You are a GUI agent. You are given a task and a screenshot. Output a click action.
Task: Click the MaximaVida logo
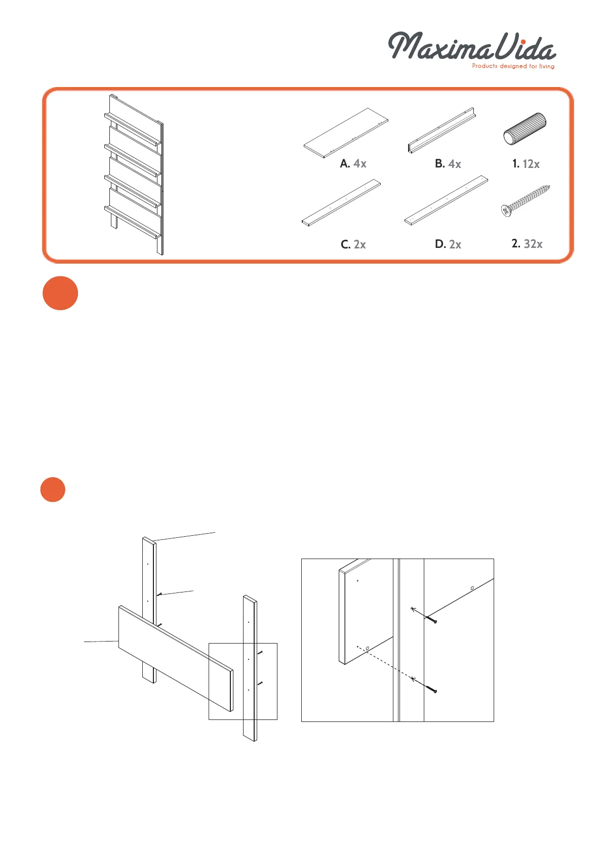click(x=471, y=47)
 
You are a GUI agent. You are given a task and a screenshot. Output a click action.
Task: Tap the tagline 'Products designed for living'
click(x=513, y=66)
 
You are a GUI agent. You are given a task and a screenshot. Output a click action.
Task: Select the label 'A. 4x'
click(x=353, y=163)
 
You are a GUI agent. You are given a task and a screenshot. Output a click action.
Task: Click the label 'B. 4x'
click(x=448, y=163)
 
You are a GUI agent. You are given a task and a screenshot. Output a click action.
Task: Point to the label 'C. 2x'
click(x=353, y=244)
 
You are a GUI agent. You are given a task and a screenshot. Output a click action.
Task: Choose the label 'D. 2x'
click(x=448, y=244)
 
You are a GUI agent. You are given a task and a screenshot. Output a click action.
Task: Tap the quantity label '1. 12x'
click(x=526, y=163)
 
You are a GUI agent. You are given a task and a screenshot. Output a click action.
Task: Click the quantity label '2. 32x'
click(x=527, y=244)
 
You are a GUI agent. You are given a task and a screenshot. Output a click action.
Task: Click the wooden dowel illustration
click(x=525, y=128)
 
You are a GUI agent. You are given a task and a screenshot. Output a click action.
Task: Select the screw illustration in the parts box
click(x=525, y=201)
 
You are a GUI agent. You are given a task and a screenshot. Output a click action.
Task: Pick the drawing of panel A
click(x=346, y=133)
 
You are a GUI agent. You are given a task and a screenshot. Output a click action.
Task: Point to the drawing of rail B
click(x=441, y=130)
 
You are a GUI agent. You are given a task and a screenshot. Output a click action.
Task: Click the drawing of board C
click(x=341, y=202)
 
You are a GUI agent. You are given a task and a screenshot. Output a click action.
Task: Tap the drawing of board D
click(x=446, y=200)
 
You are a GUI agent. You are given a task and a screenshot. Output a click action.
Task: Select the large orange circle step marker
click(x=60, y=293)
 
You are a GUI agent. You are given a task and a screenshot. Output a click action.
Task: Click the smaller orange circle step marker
click(x=53, y=489)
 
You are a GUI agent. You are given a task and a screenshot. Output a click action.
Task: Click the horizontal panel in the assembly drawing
click(x=175, y=658)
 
